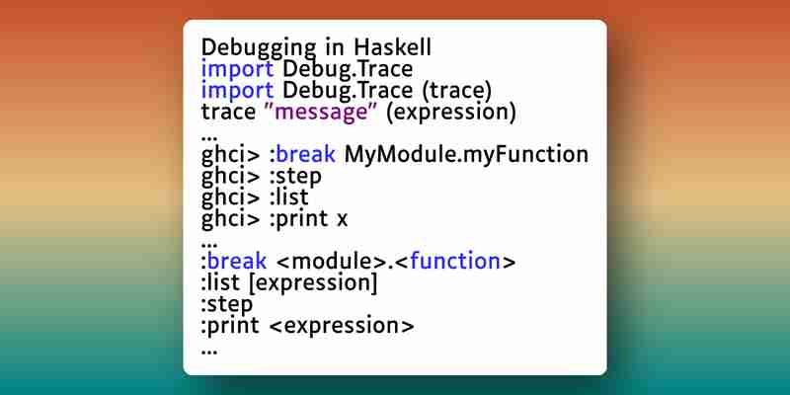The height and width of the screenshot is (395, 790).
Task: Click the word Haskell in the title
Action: tap(392, 47)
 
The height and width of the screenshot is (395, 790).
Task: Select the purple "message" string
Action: tap(322, 113)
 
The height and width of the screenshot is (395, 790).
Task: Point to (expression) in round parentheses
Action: tap(451, 113)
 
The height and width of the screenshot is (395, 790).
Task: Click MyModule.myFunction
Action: tap(466, 155)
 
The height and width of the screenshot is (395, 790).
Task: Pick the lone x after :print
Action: tap(342, 219)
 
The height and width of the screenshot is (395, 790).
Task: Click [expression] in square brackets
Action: tap(313, 283)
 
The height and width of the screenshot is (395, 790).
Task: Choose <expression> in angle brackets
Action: tap(342, 327)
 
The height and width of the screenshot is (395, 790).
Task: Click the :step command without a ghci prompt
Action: tap(227, 305)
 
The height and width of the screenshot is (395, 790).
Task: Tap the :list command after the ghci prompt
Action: tap(288, 197)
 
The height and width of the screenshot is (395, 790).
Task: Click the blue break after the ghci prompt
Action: tap(305, 155)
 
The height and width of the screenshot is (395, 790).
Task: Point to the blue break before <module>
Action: tap(237, 262)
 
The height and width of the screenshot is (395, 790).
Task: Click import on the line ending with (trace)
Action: tap(237, 91)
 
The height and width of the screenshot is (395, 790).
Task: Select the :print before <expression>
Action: tap(230, 327)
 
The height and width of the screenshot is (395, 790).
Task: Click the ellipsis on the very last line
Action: tap(209, 353)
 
